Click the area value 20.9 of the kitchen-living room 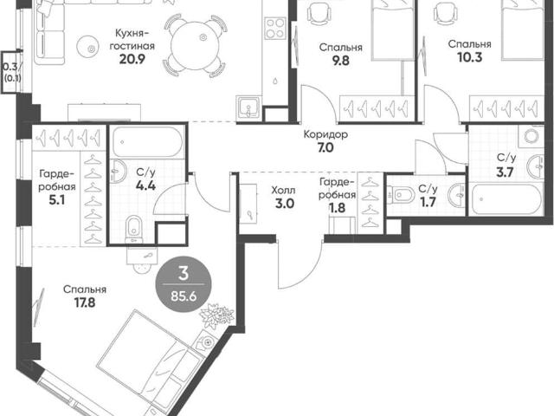pos(132,59)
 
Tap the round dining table pos(195,45)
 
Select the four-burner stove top pos(275,29)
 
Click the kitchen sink pos(248,107)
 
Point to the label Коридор pos(325,134)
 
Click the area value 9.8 pos(340,61)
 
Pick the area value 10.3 pos(469,57)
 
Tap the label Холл pos(283,191)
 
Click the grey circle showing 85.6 pos(184,284)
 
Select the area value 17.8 pos(85,302)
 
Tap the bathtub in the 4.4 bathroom pos(147,142)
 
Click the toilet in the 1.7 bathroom pos(402,195)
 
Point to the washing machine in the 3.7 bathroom pos(531,136)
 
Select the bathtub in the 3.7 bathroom pos(506,198)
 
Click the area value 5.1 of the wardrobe pos(57,200)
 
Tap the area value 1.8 pos(337,208)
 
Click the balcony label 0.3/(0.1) pos(11,72)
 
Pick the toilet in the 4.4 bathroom pos(133,228)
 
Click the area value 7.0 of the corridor pos(325,147)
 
